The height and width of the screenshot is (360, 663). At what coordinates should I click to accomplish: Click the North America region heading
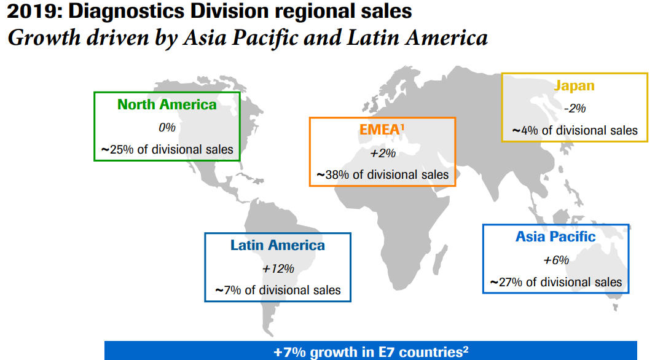pos(167,104)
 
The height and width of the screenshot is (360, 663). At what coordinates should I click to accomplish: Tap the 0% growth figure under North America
pos(167,127)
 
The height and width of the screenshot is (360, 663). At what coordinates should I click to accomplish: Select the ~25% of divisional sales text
pos(167,149)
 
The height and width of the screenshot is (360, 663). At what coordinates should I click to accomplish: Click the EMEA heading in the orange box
pos(382,130)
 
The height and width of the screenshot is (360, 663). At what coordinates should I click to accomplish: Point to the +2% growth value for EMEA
pos(382,153)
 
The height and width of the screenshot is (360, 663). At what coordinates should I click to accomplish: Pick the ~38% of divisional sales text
pos(382,174)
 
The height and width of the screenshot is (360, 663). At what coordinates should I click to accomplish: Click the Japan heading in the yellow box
pos(575,86)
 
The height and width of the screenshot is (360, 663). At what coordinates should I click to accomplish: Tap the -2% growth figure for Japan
pos(575,108)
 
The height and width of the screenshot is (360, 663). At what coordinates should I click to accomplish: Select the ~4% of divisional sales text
pos(575,130)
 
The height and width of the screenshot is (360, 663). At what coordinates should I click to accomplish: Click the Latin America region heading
pos(278,246)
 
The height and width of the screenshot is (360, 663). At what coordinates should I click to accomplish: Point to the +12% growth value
pos(278,268)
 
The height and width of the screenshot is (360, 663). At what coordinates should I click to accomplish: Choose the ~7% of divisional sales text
pos(278,290)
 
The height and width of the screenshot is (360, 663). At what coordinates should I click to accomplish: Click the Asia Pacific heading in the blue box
pos(555,237)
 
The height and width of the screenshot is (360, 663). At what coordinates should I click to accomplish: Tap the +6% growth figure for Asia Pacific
pos(556,260)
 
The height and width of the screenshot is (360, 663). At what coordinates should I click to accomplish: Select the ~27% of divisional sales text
pos(556,282)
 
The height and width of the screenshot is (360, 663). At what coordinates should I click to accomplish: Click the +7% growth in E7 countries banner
pos(371,352)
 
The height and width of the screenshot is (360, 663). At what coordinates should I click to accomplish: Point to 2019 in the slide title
pos(26,11)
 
